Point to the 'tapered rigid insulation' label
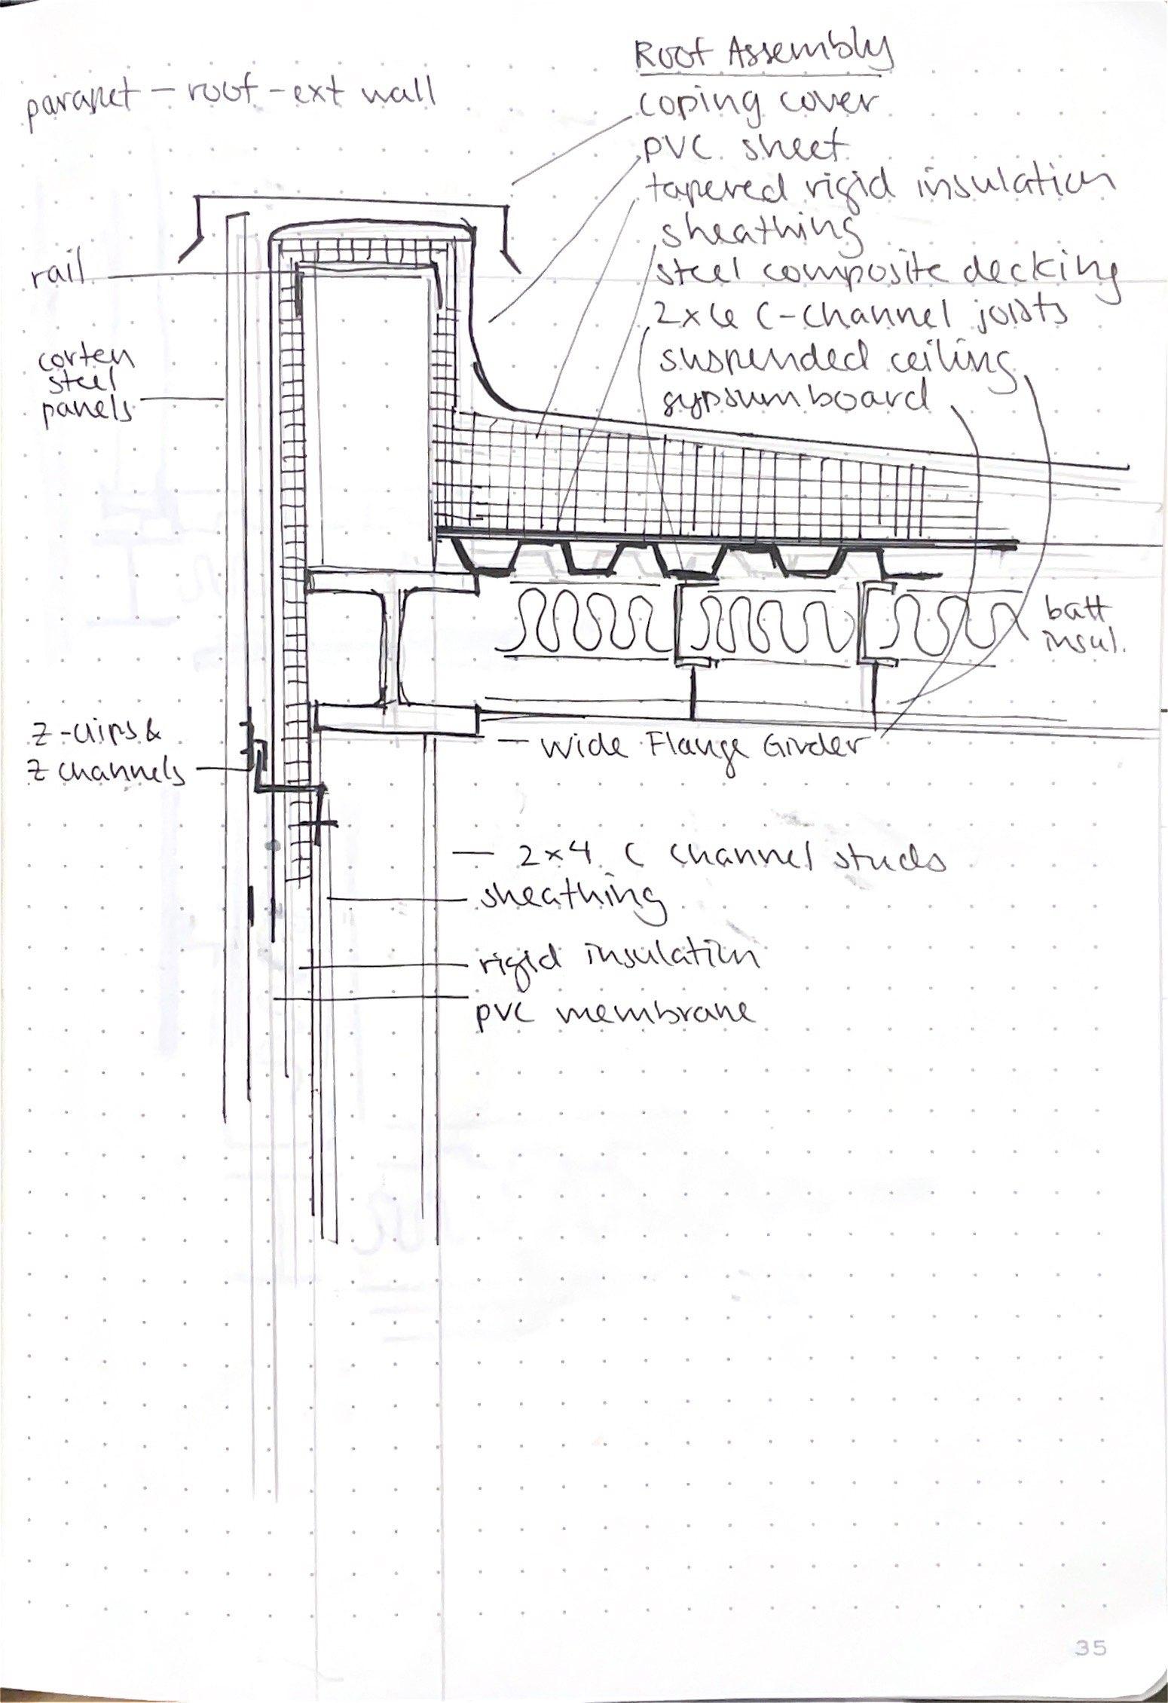tap(874, 188)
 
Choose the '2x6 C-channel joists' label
tap(859, 316)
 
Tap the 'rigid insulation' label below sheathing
tap(618, 957)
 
